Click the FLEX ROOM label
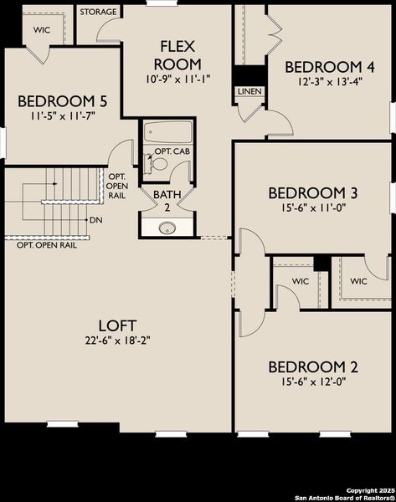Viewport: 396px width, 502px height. (x=179, y=54)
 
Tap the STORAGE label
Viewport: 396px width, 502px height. (x=99, y=13)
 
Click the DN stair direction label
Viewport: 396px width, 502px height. (x=96, y=220)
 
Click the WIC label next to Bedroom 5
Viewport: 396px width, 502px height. (x=42, y=28)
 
